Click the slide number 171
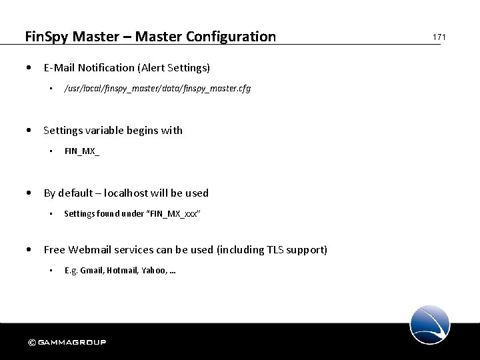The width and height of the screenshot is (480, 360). pos(439,37)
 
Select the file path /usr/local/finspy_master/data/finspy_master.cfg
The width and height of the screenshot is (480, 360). pos(157,88)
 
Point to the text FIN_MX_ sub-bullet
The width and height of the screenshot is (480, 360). pos(82,151)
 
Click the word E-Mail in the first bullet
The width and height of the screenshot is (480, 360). pos(60,67)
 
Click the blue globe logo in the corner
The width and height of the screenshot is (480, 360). pos(430,324)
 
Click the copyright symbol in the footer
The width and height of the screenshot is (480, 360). pos(31,343)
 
